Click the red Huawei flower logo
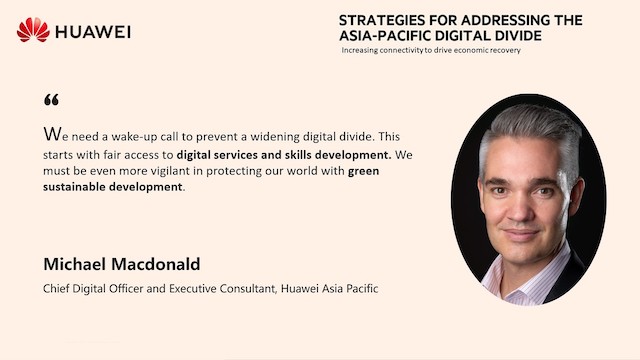point(33,30)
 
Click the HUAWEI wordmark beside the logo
point(93,31)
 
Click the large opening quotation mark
point(52,100)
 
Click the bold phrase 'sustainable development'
point(113,187)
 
